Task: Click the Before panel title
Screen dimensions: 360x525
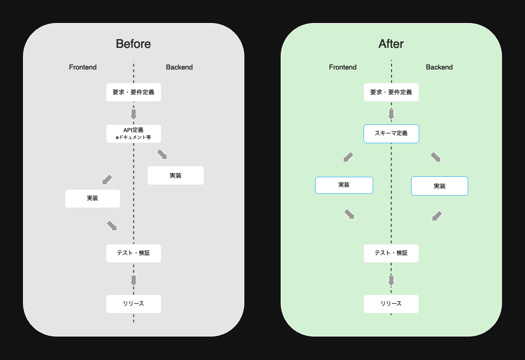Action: (x=133, y=44)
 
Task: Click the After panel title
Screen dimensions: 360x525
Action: (x=391, y=44)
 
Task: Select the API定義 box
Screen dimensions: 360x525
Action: (x=133, y=134)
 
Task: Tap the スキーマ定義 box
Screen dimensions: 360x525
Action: (x=391, y=134)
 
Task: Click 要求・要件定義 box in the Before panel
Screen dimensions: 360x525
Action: (x=133, y=92)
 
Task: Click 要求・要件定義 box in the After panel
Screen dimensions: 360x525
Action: (x=391, y=92)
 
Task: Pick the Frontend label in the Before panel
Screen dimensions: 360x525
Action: (x=83, y=67)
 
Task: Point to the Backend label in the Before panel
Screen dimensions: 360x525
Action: (x=179, y=67)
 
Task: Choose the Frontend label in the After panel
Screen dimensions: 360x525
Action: (x=343, y=67)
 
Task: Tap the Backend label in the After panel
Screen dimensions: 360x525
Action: (x=439, y=67)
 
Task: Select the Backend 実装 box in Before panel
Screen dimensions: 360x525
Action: (x=175, y=175)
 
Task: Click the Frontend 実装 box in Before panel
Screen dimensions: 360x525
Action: (x=92, y=198)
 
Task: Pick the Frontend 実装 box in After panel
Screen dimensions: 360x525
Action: (x=344, y=185)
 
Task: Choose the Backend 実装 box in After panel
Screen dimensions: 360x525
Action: (x=439, y=186)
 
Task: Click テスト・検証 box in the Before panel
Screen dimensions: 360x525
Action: (x=133, y=253)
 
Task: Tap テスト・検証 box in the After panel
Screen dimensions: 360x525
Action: (x=391, y=253)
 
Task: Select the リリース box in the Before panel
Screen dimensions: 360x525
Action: (x=133, y=304)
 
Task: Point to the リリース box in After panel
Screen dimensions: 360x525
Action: (x=391, y=304)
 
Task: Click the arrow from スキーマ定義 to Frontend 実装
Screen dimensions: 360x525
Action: (x=349, y=157)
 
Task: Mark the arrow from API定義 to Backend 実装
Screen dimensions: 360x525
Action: (x=162, y=154)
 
